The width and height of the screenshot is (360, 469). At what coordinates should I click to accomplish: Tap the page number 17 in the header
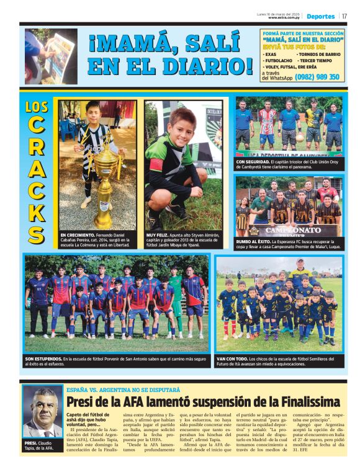(x=344, y=16)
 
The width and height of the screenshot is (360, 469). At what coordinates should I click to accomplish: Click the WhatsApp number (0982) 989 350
(x=317, y=77)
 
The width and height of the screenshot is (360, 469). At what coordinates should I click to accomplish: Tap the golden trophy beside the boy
(x=106, y=186)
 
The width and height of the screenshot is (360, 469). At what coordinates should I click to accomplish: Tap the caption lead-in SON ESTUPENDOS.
(x=43, y=359)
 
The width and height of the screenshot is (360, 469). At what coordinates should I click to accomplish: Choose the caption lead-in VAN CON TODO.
(x=234, y=359)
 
